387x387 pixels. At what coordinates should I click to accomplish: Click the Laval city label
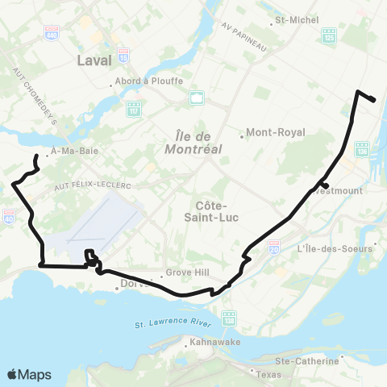(95, 60)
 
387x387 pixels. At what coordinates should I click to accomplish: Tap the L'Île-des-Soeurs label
(336, 248)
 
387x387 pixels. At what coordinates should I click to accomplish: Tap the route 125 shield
(328, 36)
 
